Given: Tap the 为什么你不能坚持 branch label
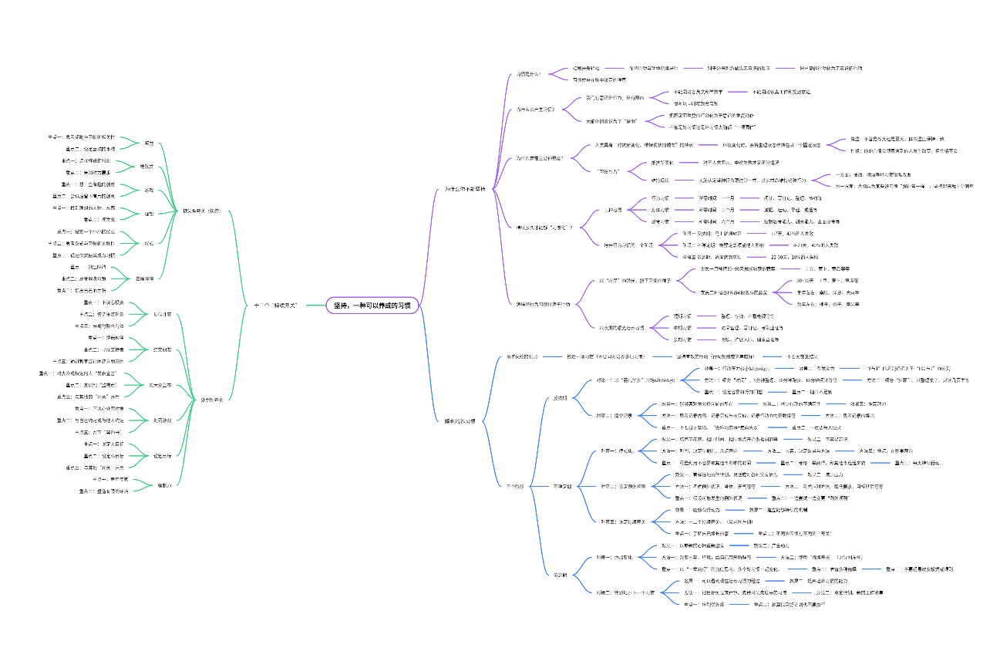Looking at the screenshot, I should [466, 189].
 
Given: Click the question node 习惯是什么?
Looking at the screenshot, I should [529, 74].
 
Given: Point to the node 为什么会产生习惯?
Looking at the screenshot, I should [535, 110].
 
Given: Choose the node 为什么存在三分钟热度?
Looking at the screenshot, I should [540, 158].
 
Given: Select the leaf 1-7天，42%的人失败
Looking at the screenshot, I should [792, 233].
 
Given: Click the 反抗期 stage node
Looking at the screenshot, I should [560, 398].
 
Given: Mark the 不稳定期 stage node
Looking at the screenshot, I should [563, 487].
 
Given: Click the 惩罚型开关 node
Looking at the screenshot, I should [211, 400].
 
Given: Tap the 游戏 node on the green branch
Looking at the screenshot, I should [149, 190].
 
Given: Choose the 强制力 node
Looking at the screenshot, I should [164, 485].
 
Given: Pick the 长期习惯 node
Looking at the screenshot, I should [682, 339].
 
